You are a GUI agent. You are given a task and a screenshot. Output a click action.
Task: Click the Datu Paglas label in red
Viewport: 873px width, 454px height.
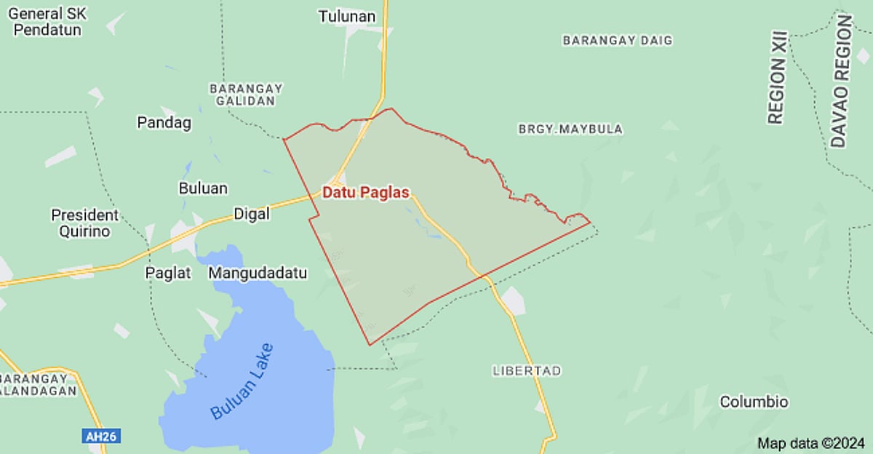tap(366, 193)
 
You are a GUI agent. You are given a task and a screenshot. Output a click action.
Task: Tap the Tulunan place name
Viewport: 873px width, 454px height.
tap(347, 16)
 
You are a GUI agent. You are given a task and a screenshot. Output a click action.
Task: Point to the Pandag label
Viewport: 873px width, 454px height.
tap(164, 122)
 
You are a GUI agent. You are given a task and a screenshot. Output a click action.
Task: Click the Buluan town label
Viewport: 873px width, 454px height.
tap(203, 188)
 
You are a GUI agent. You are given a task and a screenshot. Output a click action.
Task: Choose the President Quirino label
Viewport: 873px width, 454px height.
tap(84, 223)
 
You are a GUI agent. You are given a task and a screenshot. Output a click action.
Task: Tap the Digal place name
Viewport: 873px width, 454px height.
tap(252, 214)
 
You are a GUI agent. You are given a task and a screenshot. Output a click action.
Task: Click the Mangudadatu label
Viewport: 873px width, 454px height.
tap(258, 273)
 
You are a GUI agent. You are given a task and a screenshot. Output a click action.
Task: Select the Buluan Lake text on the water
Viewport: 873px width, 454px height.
tap(242, 381)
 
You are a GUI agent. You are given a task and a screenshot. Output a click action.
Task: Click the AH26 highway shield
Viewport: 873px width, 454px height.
tap(101, 436)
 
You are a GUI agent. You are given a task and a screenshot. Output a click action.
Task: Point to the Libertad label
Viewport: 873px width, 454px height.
tap(527, 370)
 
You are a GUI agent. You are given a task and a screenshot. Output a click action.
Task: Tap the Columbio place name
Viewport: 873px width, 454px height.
tap(754, 402)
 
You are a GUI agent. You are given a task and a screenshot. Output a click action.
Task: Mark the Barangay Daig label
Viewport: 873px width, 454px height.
tap(618, 41)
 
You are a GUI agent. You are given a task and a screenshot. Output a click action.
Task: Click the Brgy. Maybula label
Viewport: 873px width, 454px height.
tap(570, 129)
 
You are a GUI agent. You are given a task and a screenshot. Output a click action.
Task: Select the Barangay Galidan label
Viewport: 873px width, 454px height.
tap(246, 95)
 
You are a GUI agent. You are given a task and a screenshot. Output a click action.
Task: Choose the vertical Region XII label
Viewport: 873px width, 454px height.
tap(777, 76)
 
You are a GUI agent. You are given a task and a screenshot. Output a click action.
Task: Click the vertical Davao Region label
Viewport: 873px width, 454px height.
tap(841, 81)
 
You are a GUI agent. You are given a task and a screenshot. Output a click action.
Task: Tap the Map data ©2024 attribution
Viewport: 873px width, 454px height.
tap(811, 442)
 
